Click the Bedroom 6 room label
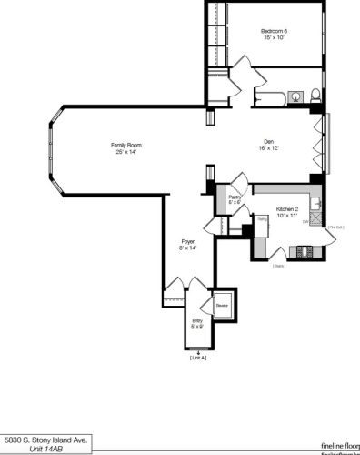274,30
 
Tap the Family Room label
126,145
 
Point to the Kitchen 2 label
287,208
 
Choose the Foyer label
187,240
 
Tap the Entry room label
197,320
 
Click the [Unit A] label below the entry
198,358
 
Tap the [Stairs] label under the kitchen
279,266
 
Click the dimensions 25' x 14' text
126,152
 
